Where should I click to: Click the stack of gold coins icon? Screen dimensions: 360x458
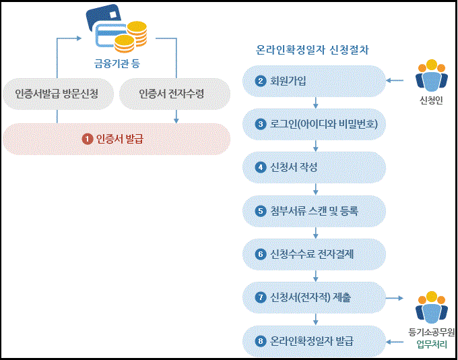(x=129, y=37)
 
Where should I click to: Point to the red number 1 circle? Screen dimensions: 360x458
(x=87, y=139)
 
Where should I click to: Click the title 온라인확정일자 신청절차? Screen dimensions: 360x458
(x=313, y=50)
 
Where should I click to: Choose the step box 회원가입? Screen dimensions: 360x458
(x=313, y=82)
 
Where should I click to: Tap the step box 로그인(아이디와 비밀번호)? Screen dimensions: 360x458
(x=313, y=124)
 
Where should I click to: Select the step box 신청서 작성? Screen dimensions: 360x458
(x=313, y=167)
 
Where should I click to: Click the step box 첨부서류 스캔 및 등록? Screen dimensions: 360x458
(x=313, y=210)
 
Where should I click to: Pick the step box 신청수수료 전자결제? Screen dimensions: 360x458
(x=313, y=254)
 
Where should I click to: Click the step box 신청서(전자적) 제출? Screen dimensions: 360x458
(x=313, y=297)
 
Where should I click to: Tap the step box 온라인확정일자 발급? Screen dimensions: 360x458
(x=313, y=340)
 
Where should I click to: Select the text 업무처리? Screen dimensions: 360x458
(x=432, y=345)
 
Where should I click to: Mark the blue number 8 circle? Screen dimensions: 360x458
(x=261, y=340)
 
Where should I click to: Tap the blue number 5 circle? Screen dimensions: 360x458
(x=261, y=210)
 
